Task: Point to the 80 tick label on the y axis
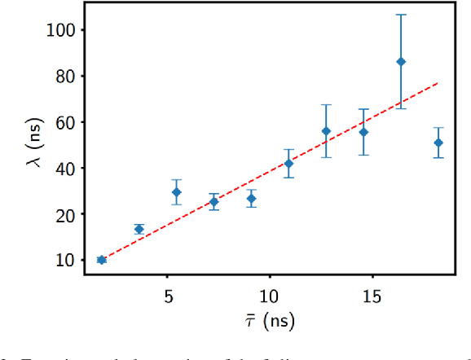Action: pos(64,76)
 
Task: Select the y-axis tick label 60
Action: pos(64,122)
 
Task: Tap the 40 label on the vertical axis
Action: pos(64,168)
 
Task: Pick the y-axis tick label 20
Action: pos(64,214)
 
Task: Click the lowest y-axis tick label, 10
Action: pos(64,260)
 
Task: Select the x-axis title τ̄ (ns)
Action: pos(269,320)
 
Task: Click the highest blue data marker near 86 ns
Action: pos(401,62)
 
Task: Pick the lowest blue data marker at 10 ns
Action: pos(102,260)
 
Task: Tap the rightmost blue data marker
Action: pos(438,143)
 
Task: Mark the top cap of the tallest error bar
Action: pos(401,15)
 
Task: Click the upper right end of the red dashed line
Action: pos(438,82)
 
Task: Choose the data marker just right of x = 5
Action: pos(176,192)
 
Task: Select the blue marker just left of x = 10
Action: pos(252,199)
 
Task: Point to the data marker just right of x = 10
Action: pos(288,164)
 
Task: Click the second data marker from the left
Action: pos(139,229)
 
